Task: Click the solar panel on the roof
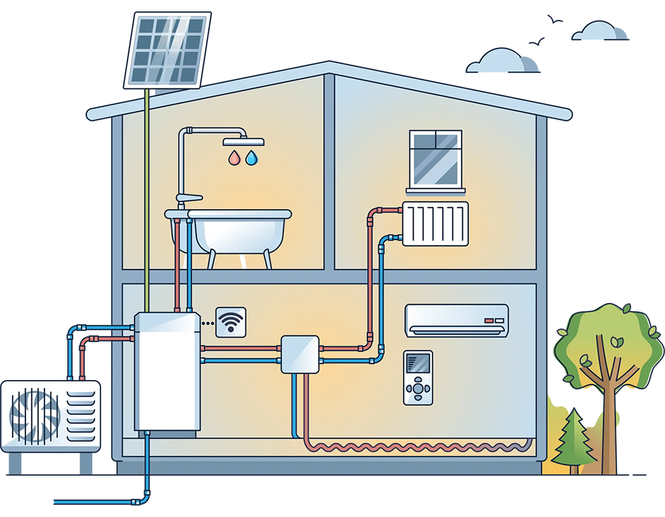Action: [x=167, y=50]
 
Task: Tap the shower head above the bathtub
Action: [x=243, y=142]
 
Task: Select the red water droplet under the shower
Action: [x=233, y=158]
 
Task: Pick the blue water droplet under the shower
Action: [x=251, y=158]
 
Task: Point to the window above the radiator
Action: [x=435, y=159]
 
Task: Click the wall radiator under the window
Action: [x=436, y=223]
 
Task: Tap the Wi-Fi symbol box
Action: [x=231, y=322]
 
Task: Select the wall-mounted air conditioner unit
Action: [x=457, y=320]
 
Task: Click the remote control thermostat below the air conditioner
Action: [x=418, y=377]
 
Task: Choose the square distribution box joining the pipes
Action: [x=299, y=354]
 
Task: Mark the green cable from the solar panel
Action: [x=145, y=199]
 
